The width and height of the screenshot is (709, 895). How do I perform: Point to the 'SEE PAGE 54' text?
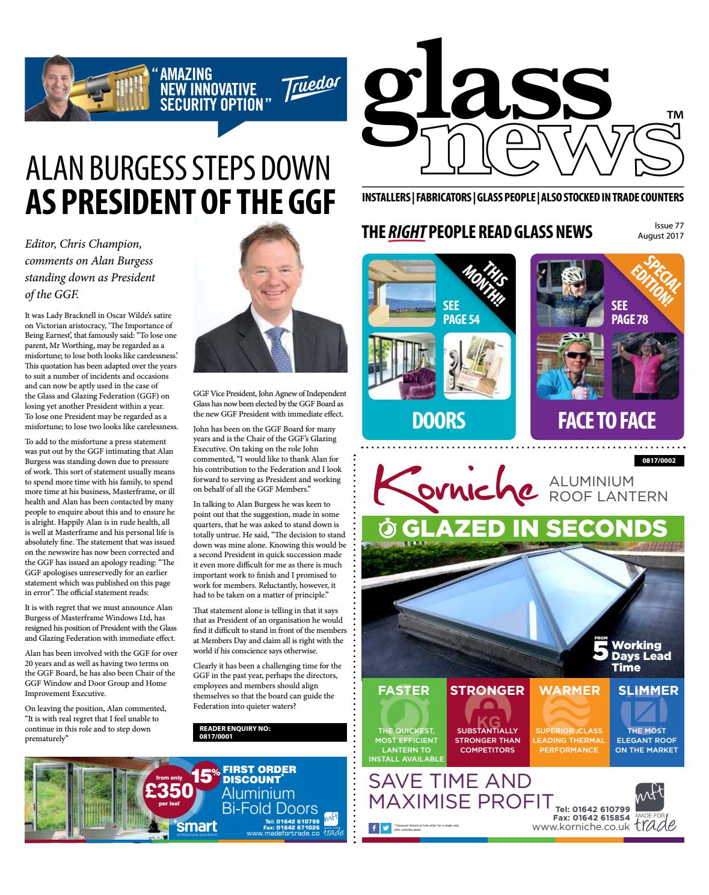coord(461,312)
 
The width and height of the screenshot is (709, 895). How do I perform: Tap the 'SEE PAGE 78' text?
coord(629,312)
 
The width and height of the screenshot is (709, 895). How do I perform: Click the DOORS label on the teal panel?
coord(438,420)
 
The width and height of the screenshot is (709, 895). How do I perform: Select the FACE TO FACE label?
coord(606,420)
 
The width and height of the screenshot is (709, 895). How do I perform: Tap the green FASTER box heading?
coord(403,691)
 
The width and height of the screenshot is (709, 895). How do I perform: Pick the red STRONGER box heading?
coord(488,691)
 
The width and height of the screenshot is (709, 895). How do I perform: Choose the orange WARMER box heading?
coord(569,691)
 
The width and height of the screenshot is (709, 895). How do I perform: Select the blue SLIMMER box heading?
coord(648,691)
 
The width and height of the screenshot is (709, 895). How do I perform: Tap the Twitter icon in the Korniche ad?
coord(385,828)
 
